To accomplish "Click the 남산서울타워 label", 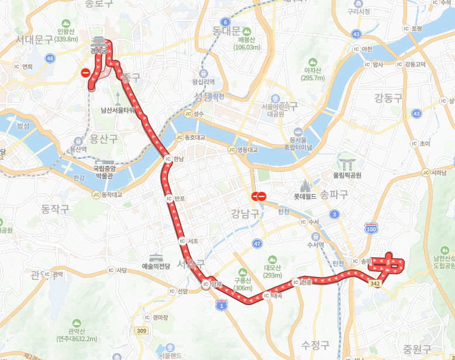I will click(x=118, y=109).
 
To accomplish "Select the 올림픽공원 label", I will click(x=347, y=175).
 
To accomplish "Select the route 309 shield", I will click(x=141, y=331).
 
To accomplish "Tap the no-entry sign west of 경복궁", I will click(x=85, y=73).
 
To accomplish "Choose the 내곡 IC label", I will click(x=277, y=296).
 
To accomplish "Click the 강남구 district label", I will click(x=245, y=213).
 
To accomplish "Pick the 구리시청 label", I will click(x=359, y=11).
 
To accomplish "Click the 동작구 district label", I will click(x=55, y=207).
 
